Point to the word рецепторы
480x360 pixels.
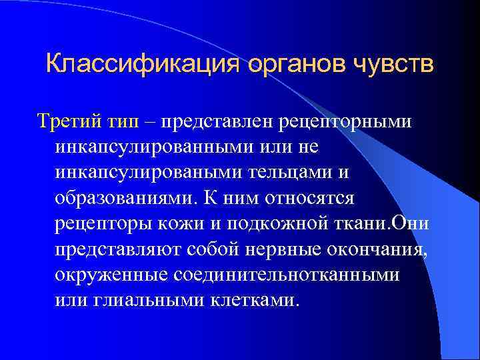[x=103, y=223]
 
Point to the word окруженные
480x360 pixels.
[x=112, y=274]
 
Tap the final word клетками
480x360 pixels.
[x=257, y=299]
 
